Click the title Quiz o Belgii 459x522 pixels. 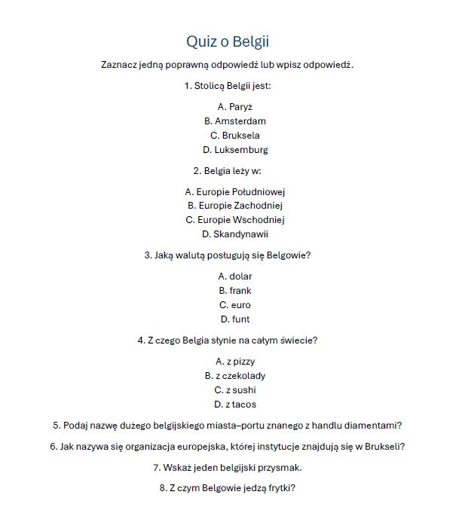coord(228,41)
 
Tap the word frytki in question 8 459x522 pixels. coord(277,488)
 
